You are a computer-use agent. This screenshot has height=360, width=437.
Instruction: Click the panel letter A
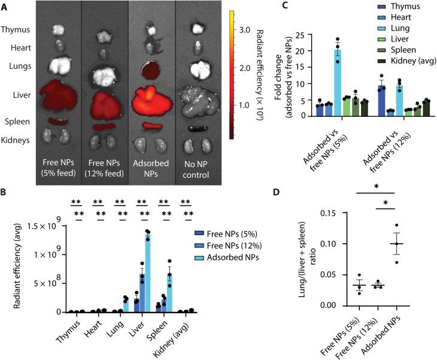(x=6, y=5)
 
